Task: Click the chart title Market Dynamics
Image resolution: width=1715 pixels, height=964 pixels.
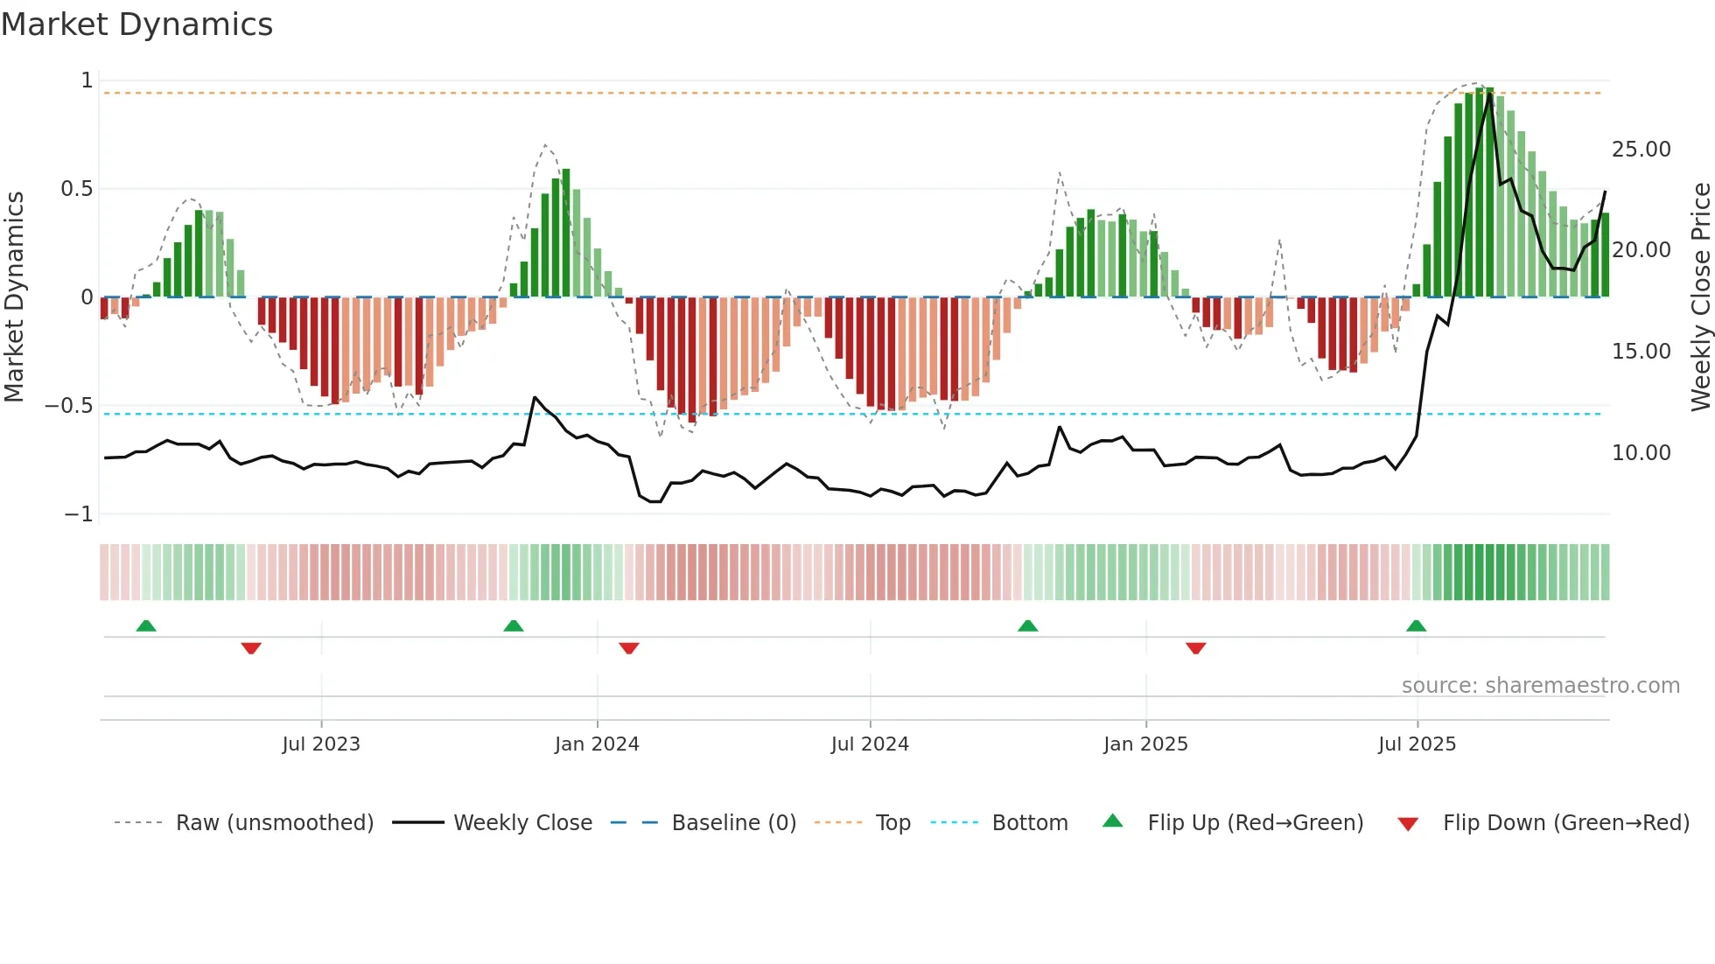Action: pyautogui.click(x=137, y=24)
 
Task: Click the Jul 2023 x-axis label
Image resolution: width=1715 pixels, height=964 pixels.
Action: pyautogui.click(x=321, y=744)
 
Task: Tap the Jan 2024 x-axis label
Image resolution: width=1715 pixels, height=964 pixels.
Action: pyautogui.click(x=597, y=744)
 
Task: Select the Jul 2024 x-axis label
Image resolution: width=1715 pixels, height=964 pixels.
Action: pyautogui.click(x=870, y=744)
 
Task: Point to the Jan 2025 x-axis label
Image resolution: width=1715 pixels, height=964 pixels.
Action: pyautogui.click(x=1145, y=744)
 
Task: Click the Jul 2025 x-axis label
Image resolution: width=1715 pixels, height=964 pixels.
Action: pyautogui.click(x=1417, y=744)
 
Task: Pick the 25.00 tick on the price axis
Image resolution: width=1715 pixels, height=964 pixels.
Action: pyautogui.click(x=1641, y=150)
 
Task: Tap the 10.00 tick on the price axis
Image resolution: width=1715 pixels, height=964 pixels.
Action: pyautogui.click(x=1641, y=453)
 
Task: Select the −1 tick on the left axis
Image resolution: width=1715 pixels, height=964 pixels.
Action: pyautogui.click(x=79, y=514)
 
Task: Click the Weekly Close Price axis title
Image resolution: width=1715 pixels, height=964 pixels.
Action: pyautogui.click(x=1700, y=297)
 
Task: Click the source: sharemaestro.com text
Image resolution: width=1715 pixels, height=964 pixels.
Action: pyautogui.click(x=1540, y=686)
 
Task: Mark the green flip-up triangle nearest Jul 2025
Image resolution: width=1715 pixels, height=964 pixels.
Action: pyautogui.click(x=1416, y=625)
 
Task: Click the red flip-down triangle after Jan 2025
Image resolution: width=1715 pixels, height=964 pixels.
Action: pyautogui.click(x=1195, y=648)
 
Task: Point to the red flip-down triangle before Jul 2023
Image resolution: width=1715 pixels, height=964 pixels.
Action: pyautogui.click(x=251, y=648)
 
